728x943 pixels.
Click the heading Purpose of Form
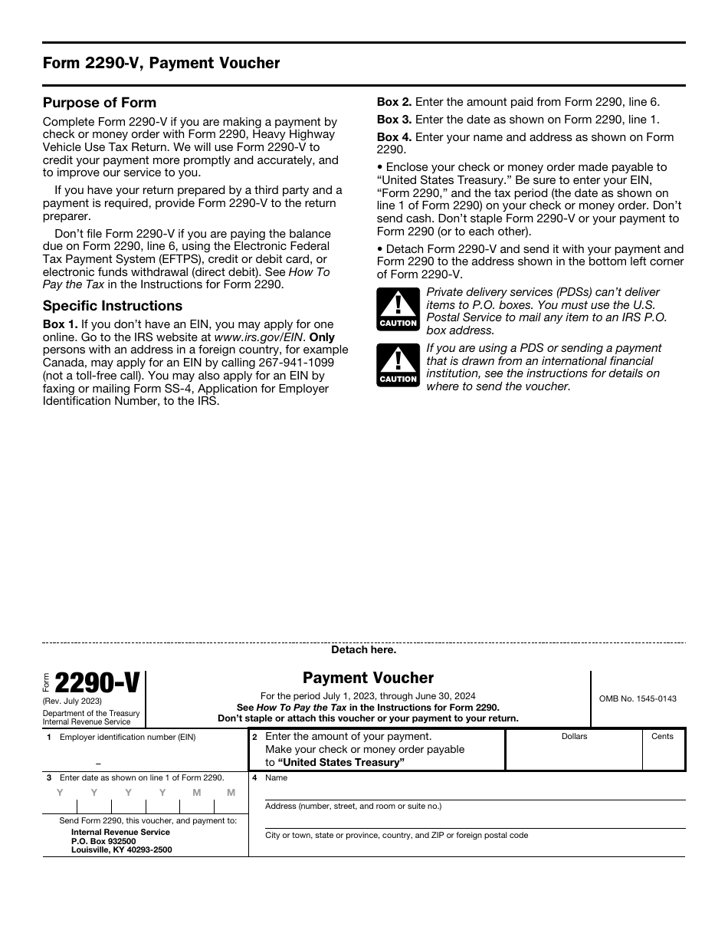click(99, 103)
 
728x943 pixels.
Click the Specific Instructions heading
click(113, 306)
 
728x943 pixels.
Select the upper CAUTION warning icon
click(398, 309)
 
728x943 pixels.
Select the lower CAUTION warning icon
click(398, 365)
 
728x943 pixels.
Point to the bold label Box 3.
click(394, 120)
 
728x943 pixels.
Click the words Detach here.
click(363, 649)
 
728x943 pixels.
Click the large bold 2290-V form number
click(97, 682)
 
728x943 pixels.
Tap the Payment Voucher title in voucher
click(368, 678)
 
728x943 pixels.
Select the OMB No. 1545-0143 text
click(638, 698)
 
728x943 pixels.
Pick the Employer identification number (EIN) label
click(127, 737)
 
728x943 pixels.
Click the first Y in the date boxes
click(60, 793)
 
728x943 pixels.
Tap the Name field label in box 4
click(276, 777)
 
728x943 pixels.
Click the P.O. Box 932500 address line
click(103, 841)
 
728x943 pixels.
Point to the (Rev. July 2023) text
click(72, 701)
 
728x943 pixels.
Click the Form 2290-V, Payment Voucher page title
click(161, 64)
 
